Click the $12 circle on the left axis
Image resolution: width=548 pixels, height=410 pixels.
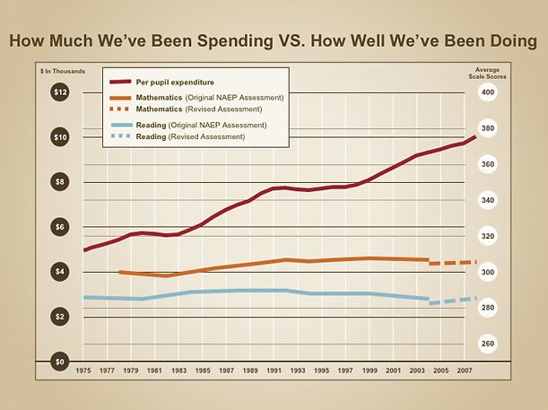60,92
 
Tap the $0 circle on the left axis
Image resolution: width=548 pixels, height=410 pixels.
60,362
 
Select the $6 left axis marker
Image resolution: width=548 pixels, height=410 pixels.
60,227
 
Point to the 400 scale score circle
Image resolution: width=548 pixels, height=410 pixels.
488,92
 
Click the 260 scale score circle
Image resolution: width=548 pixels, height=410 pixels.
488,344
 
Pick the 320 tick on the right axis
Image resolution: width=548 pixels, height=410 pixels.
488,236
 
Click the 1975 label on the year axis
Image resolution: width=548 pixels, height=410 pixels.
84,371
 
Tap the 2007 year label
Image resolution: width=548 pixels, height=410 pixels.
465,371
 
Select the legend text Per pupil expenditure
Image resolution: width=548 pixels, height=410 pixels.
173,82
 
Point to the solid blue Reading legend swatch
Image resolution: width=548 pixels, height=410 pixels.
119,124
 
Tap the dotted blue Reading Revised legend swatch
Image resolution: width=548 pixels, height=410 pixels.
119,136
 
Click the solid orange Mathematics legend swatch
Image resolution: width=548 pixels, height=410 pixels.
119,96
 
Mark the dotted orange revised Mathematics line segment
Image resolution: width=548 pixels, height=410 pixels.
452,263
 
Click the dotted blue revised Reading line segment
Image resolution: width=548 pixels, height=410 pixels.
452,301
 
